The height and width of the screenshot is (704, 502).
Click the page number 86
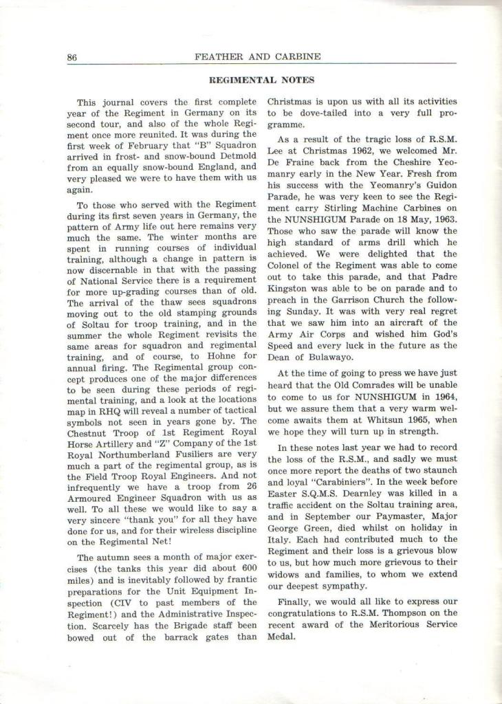pyautogui.click(x=72, y=57)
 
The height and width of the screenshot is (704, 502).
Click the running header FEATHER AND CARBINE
pyautogui.click(x=258, y=56)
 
